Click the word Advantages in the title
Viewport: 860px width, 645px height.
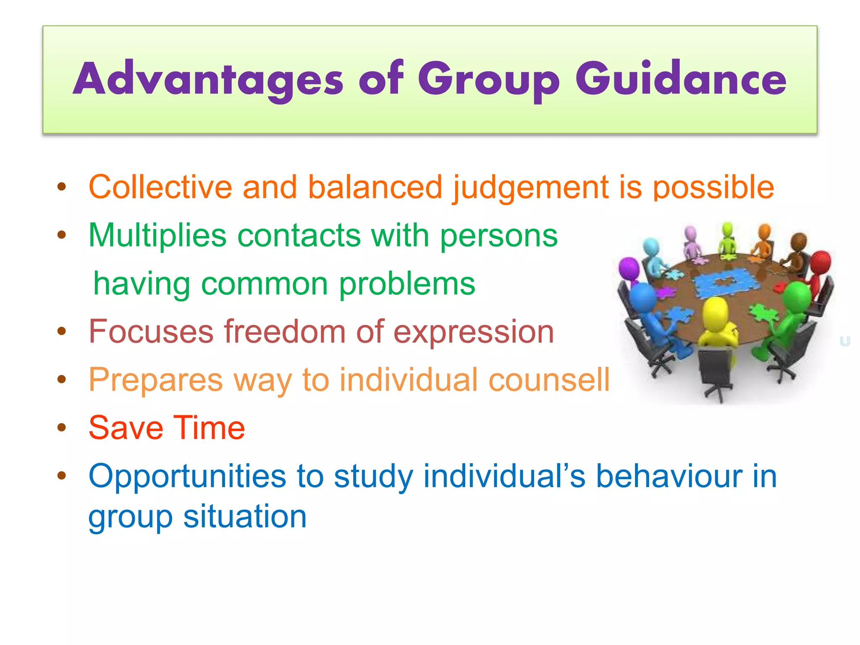[208, 79]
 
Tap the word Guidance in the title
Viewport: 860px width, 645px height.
[680, 79]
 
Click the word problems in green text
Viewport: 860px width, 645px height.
[407, 284]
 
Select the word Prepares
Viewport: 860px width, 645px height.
[155, 380]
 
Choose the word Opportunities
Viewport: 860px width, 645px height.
[187, 476]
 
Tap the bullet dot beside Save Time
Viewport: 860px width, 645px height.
[62, 428]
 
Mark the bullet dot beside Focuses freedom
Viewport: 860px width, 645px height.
[62, 332]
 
